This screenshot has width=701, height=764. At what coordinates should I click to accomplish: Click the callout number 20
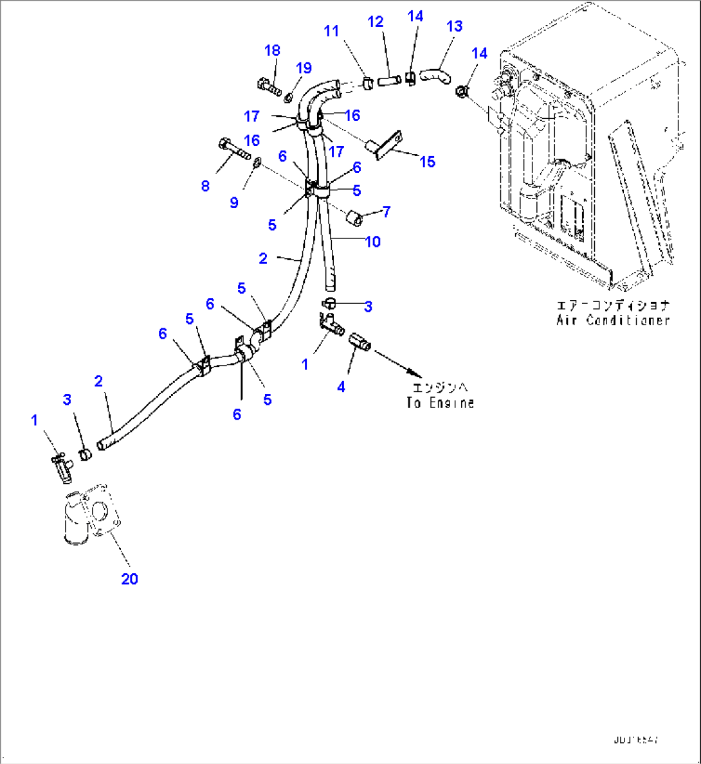pos(129,579)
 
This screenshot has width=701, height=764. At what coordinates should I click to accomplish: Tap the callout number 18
pos(272,51)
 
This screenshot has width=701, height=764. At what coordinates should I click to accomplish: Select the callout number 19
pos(304,68)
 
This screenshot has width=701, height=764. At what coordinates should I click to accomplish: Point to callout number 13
pos(454,26)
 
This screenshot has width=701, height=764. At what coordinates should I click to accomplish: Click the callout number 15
pos(427,161)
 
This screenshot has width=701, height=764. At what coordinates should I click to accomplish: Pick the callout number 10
pos(373,242)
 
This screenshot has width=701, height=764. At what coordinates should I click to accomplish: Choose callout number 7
pos(386,211)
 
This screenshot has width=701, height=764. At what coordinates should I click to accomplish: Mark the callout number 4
pos(341,387)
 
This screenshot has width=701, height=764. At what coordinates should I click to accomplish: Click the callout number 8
pos(205,186)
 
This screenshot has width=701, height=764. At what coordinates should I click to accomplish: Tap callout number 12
pos(376,22)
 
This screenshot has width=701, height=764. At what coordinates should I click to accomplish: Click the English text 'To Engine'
pos(441,403)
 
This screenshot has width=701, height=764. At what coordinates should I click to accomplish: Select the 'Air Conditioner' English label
pos(613,320)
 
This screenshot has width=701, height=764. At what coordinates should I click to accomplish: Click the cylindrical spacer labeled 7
pos(354,218)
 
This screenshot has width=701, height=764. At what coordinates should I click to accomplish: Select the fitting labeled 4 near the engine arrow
pos(360,341)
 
